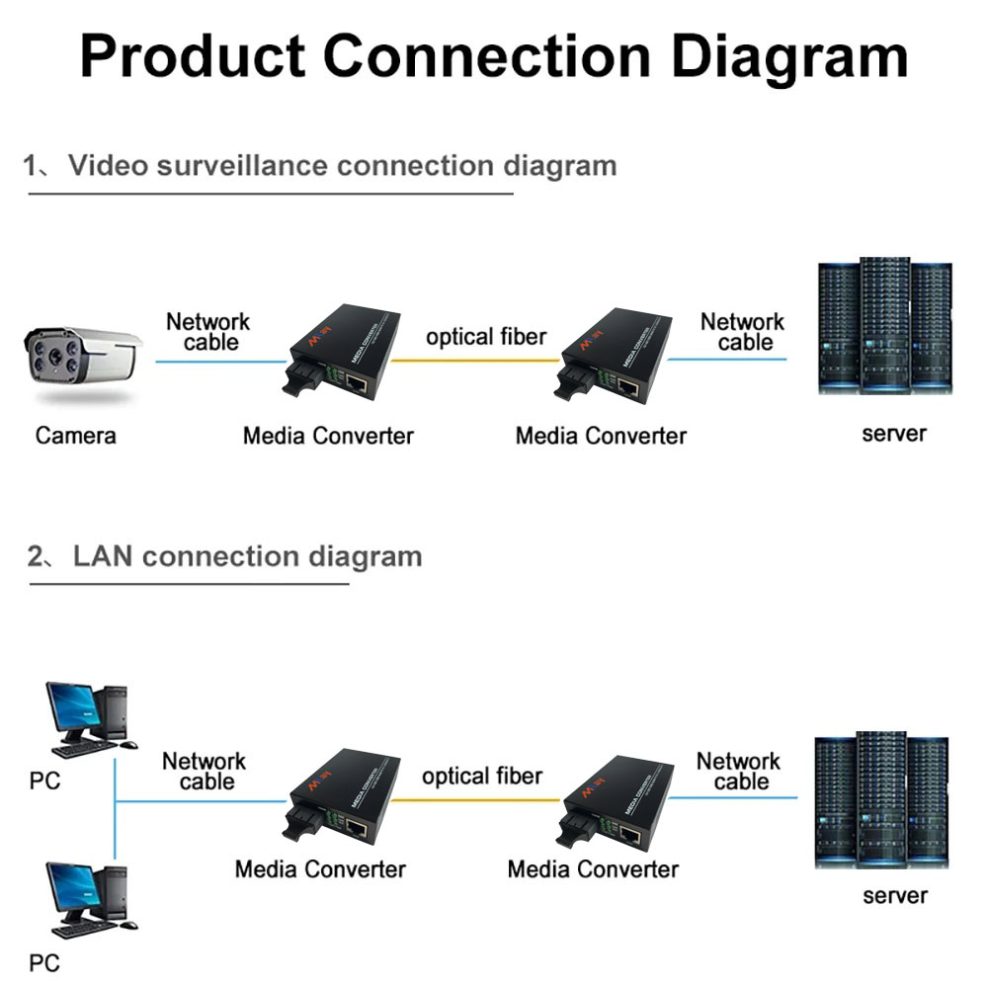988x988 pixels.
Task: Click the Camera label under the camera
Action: (75, 435)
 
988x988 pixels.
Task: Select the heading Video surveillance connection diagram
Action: (341, 165)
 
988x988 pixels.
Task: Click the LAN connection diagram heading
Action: (247, 556)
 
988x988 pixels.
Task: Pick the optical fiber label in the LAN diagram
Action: (482, 777)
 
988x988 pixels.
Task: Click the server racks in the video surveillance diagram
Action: (884, 326)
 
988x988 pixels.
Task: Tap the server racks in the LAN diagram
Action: (879, 800)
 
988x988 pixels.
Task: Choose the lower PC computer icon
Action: (89, 899)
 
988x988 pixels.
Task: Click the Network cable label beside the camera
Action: (208, 332)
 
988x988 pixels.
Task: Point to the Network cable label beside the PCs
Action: (205, 772)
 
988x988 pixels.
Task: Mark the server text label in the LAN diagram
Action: (895, 896)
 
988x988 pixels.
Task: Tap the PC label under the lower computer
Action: (44, 961)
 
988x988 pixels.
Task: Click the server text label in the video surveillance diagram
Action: (894, 433)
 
